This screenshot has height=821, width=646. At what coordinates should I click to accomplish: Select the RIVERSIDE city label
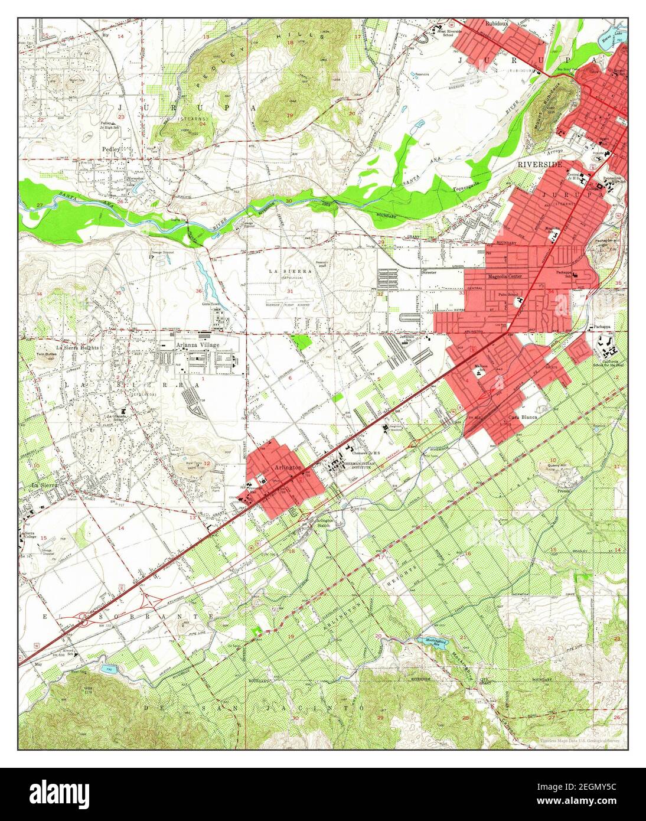[540, 165]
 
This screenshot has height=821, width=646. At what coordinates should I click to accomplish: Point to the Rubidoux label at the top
[497, 24]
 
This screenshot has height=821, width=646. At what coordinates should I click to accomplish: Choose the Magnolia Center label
[504, 276]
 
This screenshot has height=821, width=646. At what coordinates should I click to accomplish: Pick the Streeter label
[429, 273]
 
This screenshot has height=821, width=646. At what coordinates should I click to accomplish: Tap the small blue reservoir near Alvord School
[108, 669]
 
